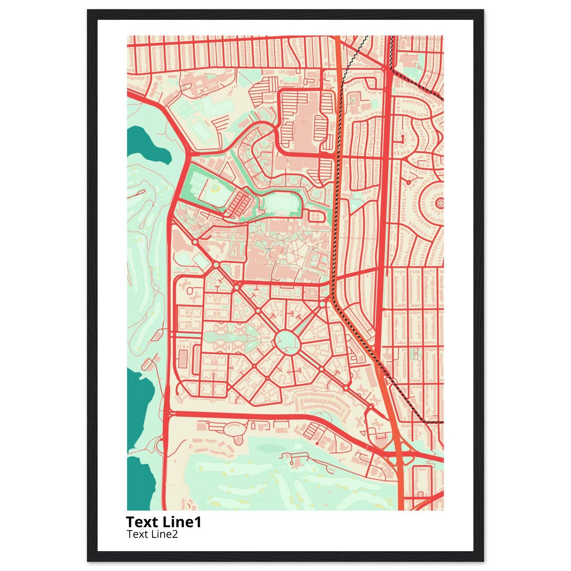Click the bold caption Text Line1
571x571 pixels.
pyautogui.click(x=163, y=522)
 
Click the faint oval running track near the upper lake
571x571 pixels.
pyautogui.click(x=202, y=131)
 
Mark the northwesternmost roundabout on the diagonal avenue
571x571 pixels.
pyautogui.click(x=195, y=242)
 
